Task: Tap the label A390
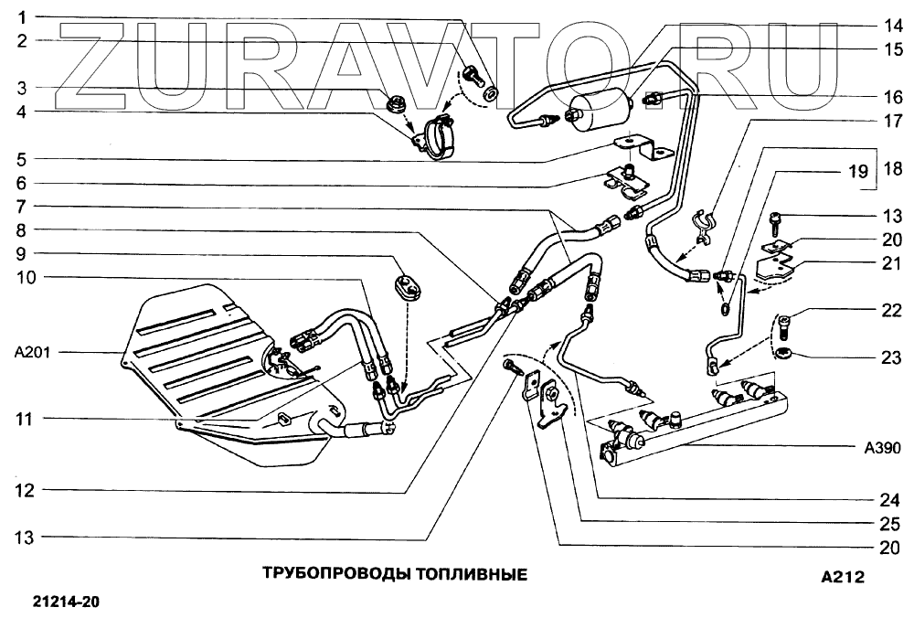pos(883,448)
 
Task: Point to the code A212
pos(842,577)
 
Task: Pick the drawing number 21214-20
pos(66,602)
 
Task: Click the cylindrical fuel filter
pos(601,110)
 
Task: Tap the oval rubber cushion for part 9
pos(404,285)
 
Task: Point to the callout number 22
pos(891,312)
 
